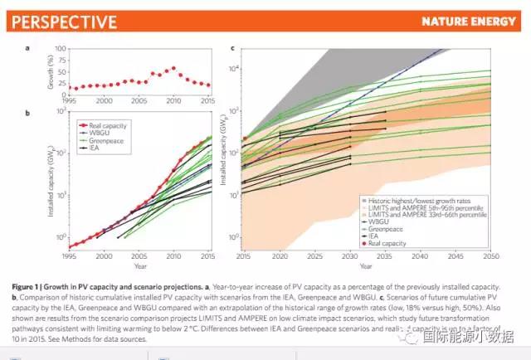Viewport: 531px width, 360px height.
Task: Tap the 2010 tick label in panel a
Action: [173, 100]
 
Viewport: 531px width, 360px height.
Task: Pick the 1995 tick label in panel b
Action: [71, 256]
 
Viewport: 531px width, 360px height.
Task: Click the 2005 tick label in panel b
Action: [139, 256]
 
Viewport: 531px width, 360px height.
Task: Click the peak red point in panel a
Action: [173, 68]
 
